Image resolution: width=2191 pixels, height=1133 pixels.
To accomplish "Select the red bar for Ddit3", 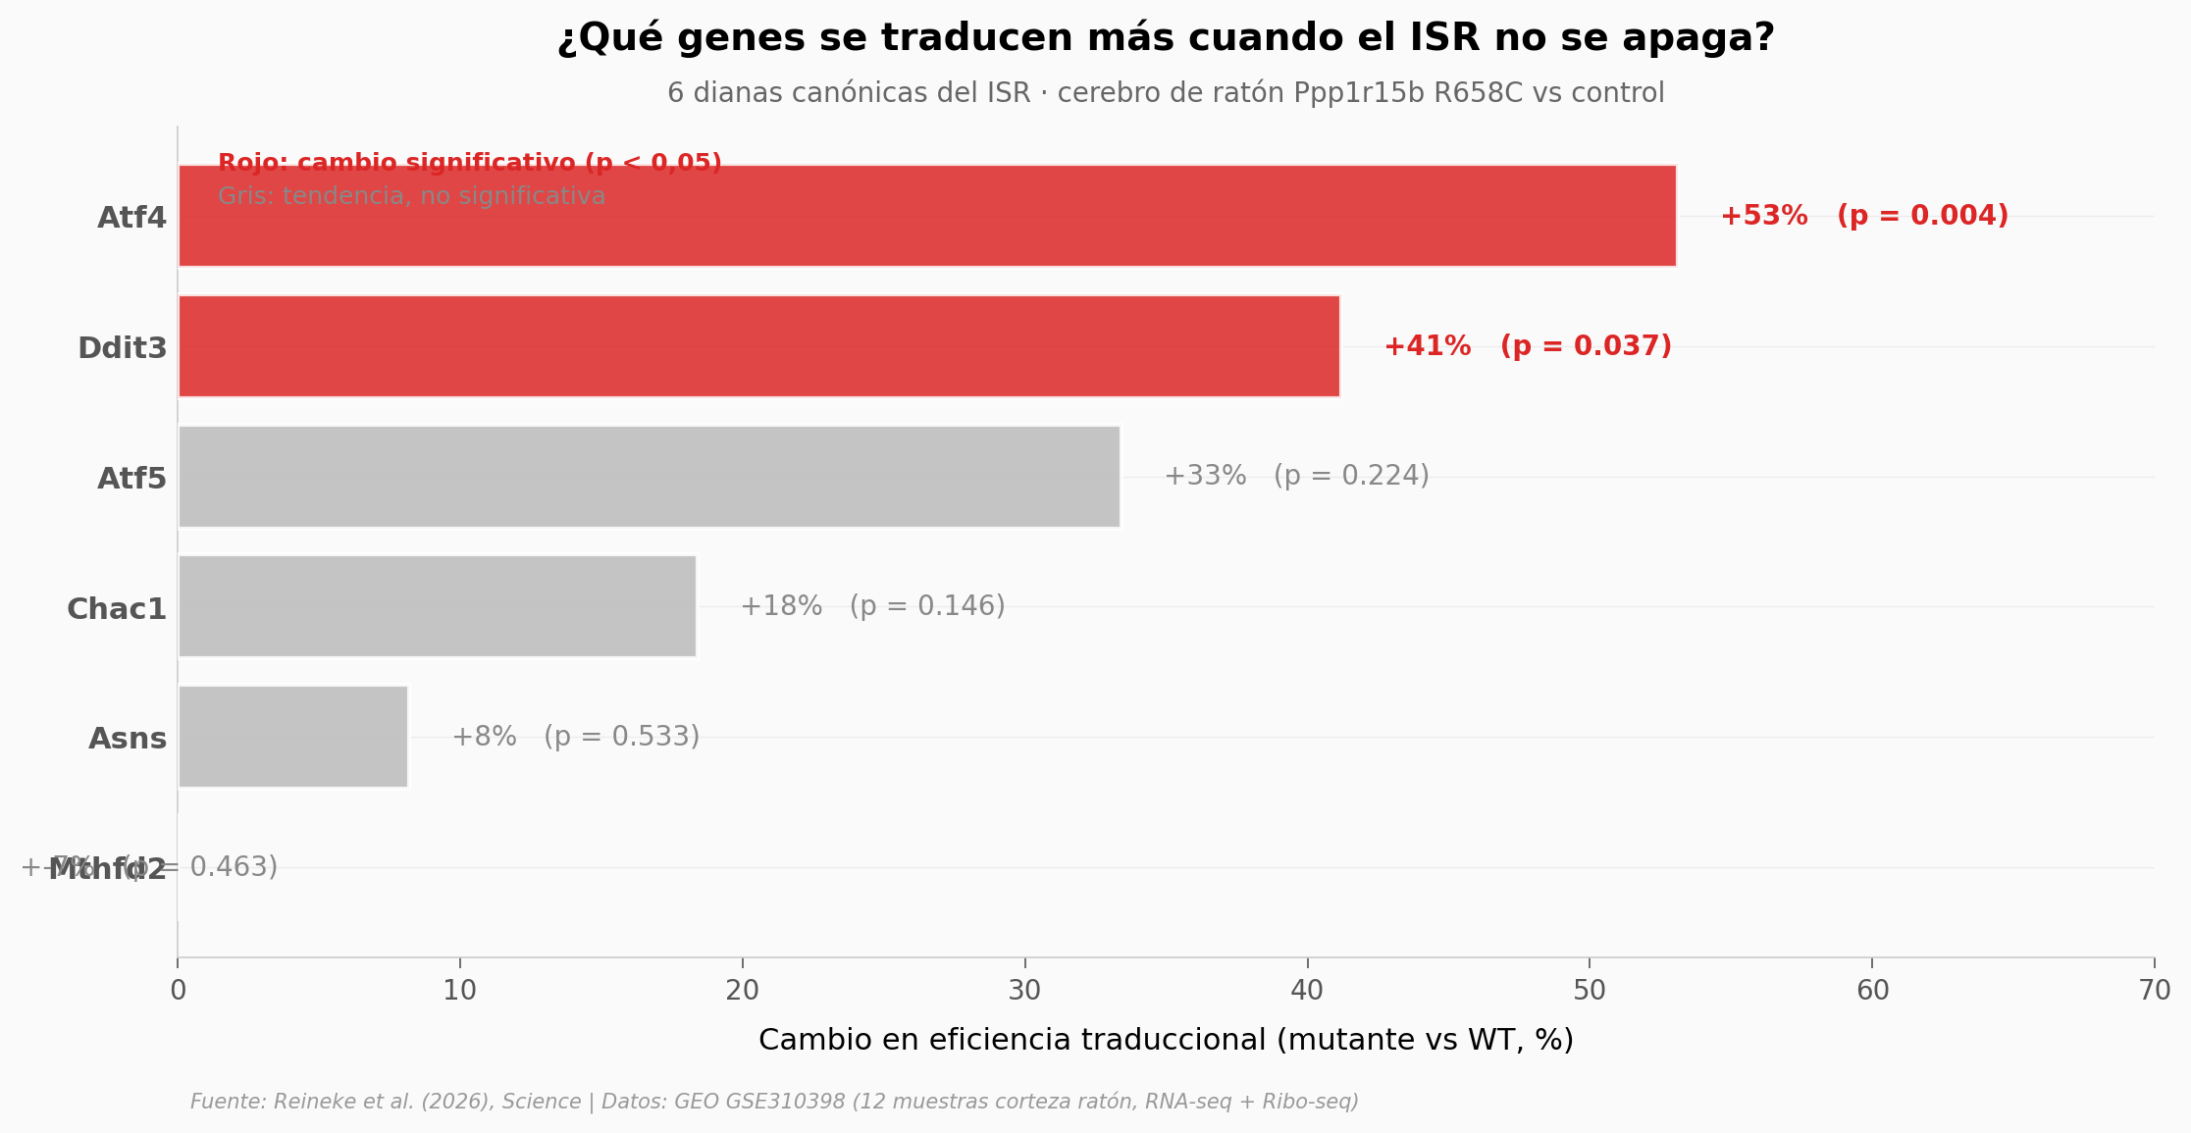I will click(x=758, y=346).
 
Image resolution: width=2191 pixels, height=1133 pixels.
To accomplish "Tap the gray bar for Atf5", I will click(x=649, y=477).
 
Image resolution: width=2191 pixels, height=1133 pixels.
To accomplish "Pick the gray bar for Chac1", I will click(x=437, y=606).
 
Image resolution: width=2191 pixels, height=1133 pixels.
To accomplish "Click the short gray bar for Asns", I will click(x=292, y=737).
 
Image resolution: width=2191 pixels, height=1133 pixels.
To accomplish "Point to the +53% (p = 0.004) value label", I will click(x=1864, y=216).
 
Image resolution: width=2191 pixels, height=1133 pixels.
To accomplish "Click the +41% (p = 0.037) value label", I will click(x=1528, y=346).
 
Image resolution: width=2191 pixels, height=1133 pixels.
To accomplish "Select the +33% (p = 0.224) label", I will click(x=1296, y=476).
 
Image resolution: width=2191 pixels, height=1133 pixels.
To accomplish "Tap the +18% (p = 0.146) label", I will click(x=872, y=606).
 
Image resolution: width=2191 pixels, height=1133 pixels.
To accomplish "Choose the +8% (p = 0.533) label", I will click(x=575, y=737).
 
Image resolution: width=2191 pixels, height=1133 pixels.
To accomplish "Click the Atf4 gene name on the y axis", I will click(x=131, y=218).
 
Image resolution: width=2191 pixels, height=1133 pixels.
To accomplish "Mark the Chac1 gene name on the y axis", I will click(x=117, y=609).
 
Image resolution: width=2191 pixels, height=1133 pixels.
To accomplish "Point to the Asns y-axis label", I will click(x=128, y=739).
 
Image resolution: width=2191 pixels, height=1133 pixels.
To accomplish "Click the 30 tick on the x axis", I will click(x=1024, y=991).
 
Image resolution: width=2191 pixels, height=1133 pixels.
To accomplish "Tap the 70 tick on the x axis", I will click(x=2155, y=991).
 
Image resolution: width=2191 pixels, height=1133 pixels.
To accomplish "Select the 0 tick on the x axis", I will click(x=178, y=991).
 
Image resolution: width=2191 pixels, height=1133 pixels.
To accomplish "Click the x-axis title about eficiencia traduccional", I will click(x=1166, y=1040).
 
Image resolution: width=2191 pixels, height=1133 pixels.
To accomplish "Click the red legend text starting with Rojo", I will click(x=469, y=163).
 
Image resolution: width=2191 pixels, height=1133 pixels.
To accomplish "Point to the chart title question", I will click(x=1166, y=38).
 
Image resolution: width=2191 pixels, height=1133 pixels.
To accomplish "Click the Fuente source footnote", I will click(x=774, y=1102).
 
